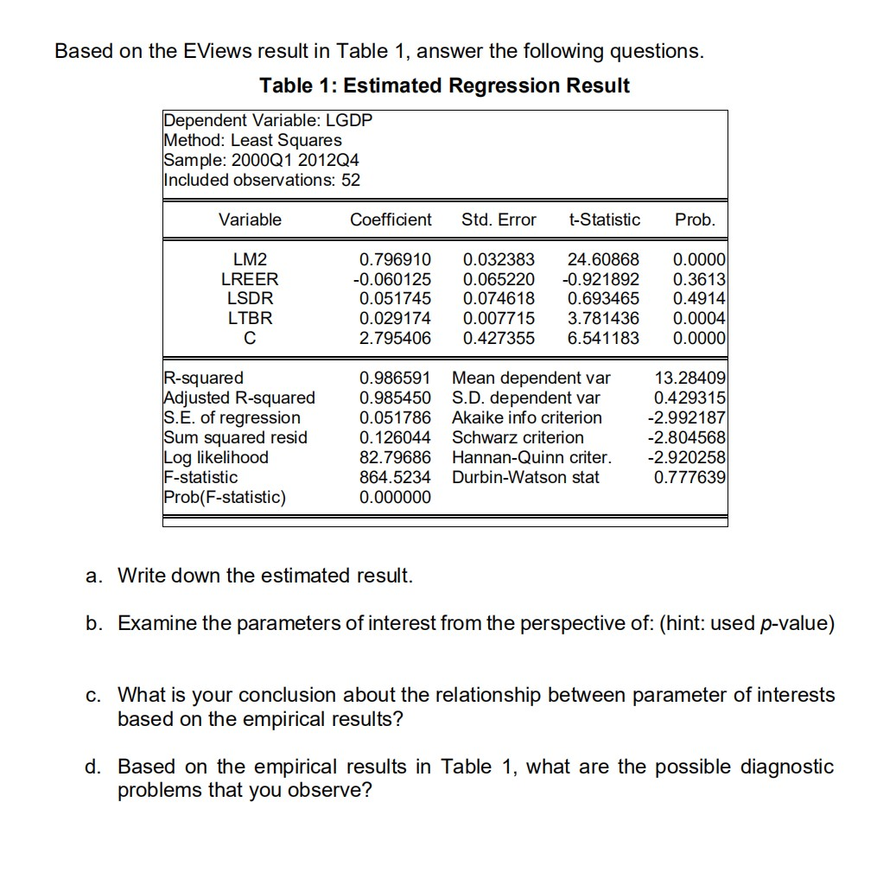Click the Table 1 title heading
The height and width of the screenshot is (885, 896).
444,86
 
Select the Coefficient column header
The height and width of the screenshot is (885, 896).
391,220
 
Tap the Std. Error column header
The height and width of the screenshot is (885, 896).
499,220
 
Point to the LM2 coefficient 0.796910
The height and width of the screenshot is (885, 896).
395,259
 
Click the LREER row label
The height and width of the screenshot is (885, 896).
250,279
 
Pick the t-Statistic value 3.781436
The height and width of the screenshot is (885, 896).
603,318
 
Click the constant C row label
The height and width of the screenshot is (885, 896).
250,338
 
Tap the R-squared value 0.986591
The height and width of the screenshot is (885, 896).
395,378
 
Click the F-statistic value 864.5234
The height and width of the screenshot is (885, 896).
395,477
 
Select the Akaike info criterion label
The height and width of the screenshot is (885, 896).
527,417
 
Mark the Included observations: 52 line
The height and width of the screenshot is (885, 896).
262,180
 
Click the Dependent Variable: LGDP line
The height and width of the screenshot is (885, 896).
268,120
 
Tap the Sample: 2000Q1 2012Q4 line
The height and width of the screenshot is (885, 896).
262,160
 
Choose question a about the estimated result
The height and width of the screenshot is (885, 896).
265,576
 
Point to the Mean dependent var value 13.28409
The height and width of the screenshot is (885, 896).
691,378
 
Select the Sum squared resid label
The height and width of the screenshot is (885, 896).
235,437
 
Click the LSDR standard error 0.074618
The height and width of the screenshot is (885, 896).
499,298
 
